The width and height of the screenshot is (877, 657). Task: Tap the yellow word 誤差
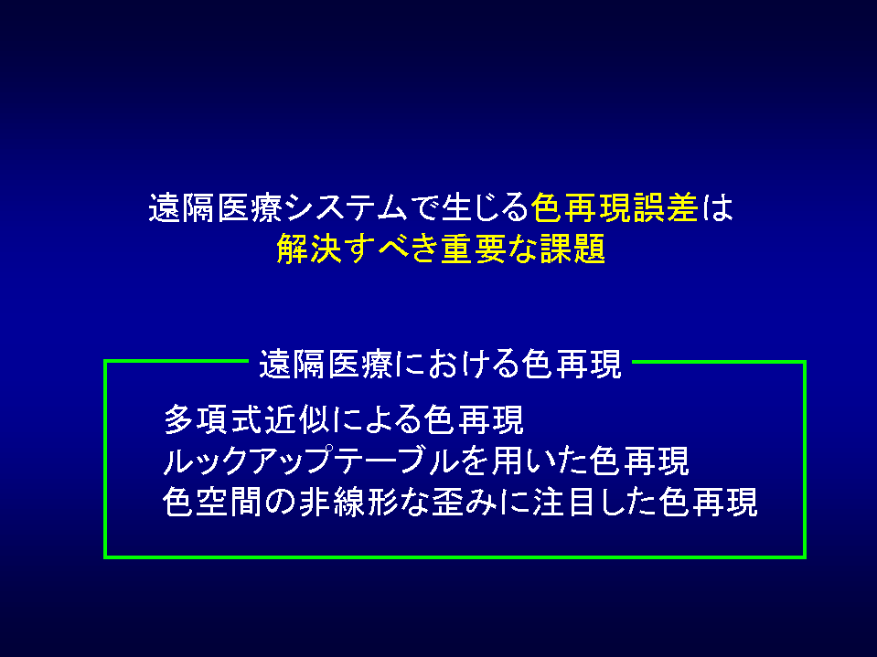[666, 207]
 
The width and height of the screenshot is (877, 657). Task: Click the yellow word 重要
[474, 249]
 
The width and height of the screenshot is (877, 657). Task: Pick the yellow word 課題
[572, 249]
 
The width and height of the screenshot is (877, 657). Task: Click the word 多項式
[213, 419]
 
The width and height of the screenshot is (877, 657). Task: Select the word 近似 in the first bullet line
[298, 419]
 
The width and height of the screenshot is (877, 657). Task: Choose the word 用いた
[540, 461]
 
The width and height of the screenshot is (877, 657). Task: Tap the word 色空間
[213, 502]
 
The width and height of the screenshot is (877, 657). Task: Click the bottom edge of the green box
[455, 556]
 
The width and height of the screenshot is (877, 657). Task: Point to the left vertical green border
[106, 460]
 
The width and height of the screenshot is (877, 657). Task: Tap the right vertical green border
[804, 460]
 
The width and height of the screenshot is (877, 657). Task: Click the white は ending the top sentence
[717, 207]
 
